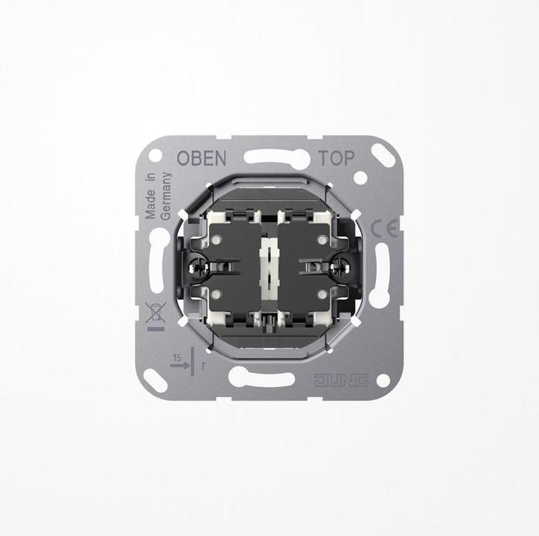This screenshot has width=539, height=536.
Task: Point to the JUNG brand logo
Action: pyautogui.click(x=341, y=379)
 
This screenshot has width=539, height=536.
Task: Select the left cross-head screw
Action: pyautogui.click(x=200, y=265)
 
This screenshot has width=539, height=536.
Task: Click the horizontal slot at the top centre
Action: pyautogui.click(x=277, y=158)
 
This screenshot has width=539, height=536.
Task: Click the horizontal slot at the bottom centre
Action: pyautogui.click(x=261, y=377)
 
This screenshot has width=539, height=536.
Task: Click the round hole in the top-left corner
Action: pyautogui.click(x=156, y=155)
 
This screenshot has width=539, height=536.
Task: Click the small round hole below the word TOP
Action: pyautogui.click(x=360, y=178)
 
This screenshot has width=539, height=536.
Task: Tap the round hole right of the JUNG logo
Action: pyautogui.click(x=383, y=380)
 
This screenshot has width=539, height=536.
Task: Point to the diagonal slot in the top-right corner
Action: pyautogui.click(x=383, y=155)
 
